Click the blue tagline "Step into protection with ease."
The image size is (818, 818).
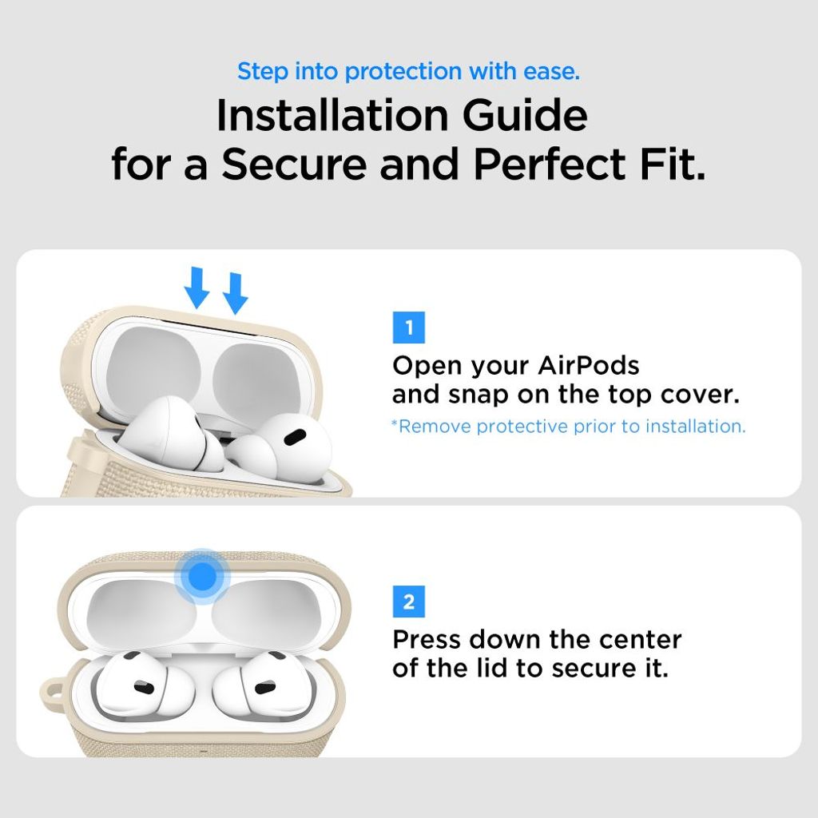pyautogui.click(x=408, y=71)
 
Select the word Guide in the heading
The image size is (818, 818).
pyautogui.click(x=530, y=116)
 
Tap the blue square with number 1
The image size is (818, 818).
pyautogui.click(x=409, y=328)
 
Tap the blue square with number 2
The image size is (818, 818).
pyautogui.click(x=409, y=601)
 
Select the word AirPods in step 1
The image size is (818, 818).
pyautogui.click(x=589, y=366)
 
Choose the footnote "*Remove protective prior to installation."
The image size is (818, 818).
pyautogui.click(x=568, y=426)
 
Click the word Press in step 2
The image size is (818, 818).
pyautogui.click(x=427, y=639)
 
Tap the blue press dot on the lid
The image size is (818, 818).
pyautogui.click(x=204, y=574)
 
